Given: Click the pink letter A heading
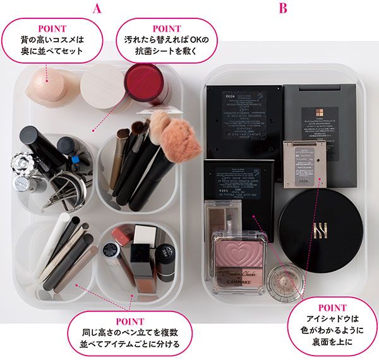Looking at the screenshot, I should pyautogui.click(x=97, y=8).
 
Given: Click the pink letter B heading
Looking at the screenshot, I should pyautogui.click(x=283, y=8).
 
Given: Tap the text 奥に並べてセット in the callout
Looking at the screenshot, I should pyautogui.click(x=51, y=51).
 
